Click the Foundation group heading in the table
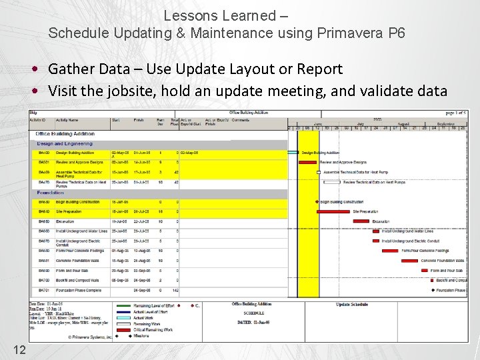[50, 192]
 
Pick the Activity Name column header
[67, 121]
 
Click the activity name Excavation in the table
[65, 221]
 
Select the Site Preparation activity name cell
[70, 211]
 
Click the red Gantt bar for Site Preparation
[335, 211]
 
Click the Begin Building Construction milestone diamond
[317, 201]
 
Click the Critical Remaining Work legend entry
[153, 329]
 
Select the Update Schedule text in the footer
[351, 305]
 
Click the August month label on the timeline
[403, 123]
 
